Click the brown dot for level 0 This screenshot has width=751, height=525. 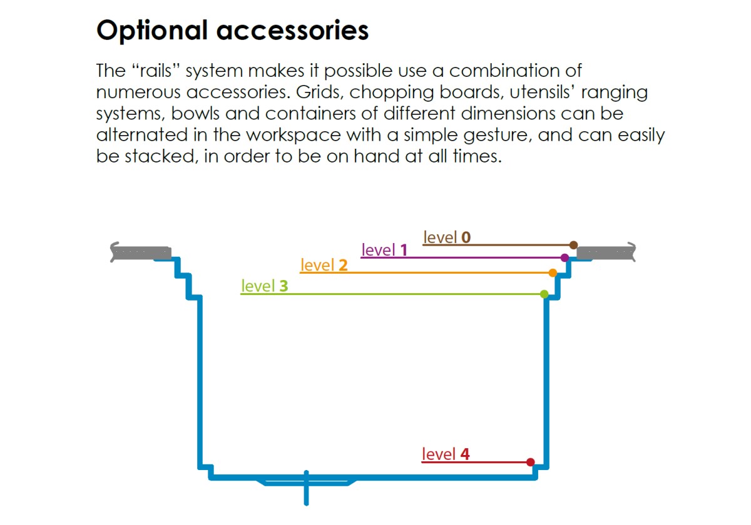tap(573, 245)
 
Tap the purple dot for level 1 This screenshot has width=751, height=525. tap(565, 257)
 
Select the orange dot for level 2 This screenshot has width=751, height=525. tap(553, 272)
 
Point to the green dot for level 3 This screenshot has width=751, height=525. tap(544, 294)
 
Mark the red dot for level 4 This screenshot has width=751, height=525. tap(531, 462)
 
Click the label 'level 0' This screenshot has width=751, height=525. tap(447, 237)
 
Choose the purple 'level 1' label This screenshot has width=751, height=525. tap(384, 250)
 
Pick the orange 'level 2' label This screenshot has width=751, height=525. tap(324, 265)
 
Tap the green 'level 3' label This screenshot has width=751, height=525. tap(265, 286)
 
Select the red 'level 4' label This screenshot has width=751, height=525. tap(446, 454)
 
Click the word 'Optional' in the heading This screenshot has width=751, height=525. tap(152, 31)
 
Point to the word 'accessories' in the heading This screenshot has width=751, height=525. tap(293, 31)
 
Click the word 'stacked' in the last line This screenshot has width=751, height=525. tap(160, 156)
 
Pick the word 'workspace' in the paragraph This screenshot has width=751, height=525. tap(294, 135)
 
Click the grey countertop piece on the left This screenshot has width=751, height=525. tap(141, 252)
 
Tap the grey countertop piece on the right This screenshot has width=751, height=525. tap(606, 252)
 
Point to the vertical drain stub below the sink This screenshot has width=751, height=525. tap(306, 488)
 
